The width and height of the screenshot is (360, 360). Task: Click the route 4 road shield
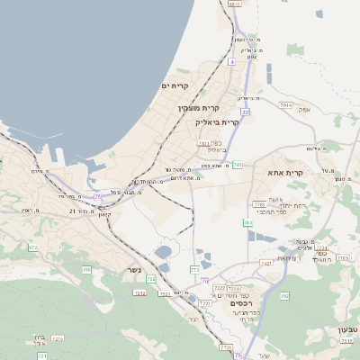[x=231, y=62]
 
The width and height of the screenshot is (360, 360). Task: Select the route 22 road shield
[x=245, y=112]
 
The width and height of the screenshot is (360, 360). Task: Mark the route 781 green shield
[x=237, y=165]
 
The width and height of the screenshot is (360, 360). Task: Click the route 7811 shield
[x=204, y=143]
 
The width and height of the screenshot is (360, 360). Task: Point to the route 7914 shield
[x=285, y=105]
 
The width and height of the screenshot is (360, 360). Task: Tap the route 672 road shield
[x=33, y=247]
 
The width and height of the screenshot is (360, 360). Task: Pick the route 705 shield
[x=87, y=269]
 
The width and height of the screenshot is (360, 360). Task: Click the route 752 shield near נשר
[x=150, y=280]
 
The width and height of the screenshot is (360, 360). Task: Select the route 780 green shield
[x=247, y=221]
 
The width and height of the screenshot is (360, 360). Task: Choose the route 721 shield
[x=42, y=355]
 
